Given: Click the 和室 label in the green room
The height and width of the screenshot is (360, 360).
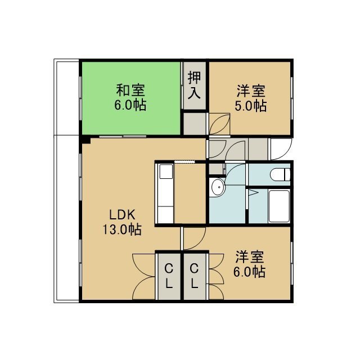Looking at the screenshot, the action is coord(130,90).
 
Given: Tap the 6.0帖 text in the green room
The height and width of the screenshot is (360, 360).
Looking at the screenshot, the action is coord(130,105).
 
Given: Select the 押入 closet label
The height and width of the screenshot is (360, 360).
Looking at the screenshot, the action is coord(194,85).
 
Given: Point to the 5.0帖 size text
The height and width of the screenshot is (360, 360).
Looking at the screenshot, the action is coord(250,106).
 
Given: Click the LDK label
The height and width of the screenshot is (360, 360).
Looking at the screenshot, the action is coord(122,215).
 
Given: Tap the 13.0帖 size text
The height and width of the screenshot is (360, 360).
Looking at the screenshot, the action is coord(121,229).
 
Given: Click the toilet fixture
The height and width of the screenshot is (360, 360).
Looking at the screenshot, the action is coord(280,174).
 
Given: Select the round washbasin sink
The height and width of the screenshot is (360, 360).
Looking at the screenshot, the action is coord(218,187).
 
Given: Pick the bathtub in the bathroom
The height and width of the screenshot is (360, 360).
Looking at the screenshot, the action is coord(279,206).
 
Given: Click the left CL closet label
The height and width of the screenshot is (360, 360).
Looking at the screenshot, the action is coord(169,276).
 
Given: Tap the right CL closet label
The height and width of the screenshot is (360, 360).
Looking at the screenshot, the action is coord(195,276).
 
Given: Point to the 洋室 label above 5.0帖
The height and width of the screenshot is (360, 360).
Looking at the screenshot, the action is coord(251,91).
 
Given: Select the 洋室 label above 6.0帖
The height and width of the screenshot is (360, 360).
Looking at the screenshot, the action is coord(250,256).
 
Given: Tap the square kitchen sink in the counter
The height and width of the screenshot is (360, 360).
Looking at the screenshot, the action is coord(166,172).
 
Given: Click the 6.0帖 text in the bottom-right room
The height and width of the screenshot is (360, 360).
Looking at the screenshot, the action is coord(250,272).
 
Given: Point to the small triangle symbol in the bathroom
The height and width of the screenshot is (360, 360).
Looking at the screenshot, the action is coord(253,192).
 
